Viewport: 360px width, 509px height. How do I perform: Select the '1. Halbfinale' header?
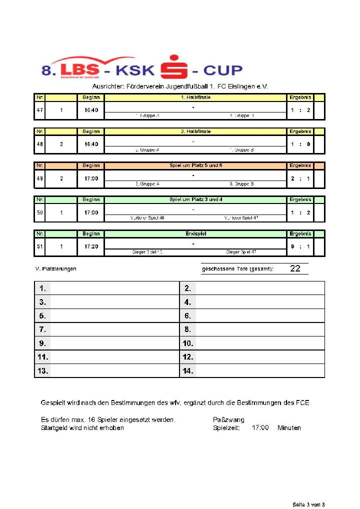coord(195,97)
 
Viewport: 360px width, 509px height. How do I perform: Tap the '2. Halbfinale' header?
coord(195,131)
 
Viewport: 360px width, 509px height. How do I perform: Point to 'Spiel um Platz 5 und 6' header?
coord(195,165)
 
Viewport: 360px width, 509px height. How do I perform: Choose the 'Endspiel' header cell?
coord(195,233)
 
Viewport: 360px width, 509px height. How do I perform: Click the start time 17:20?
coord(91,246)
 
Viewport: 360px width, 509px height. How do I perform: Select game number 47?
coord(39,110)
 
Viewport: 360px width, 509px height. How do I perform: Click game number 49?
coord(39,178)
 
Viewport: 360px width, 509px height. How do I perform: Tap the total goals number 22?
coord(295,269)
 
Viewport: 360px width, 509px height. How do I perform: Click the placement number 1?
coord(43,288)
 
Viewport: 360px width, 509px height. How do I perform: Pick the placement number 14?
coord(188,371)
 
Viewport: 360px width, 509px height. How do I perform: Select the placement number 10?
coord(188,343)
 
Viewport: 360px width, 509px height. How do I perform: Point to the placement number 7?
coord(43,329)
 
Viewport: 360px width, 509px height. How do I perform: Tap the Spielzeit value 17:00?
coord(260,428)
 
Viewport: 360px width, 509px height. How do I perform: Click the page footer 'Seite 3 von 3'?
coord(308,503)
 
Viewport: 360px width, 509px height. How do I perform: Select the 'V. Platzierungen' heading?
coord(55,269)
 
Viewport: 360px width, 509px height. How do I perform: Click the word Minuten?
coord(289,428)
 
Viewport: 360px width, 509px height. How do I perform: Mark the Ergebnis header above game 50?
coord(300,199)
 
